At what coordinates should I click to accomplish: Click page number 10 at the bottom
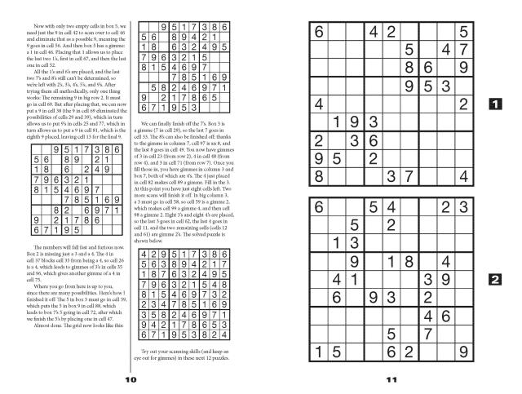pyautogui.click(x=129, y=379)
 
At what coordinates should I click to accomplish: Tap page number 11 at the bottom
pyautogui.click(x=391, y=379)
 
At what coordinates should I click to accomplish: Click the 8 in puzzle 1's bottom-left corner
pyautogui.click(x=317, y=175)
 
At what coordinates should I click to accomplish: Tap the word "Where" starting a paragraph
pyautogui.click(x=40, y=286)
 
